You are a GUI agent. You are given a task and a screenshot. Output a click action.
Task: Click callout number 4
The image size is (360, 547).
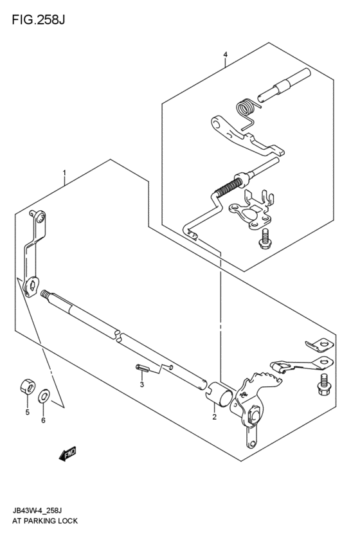coord(225,55)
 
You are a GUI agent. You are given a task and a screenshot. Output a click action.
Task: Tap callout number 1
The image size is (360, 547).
coord(64,173)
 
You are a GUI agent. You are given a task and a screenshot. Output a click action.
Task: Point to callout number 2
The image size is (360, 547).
coord(214,417)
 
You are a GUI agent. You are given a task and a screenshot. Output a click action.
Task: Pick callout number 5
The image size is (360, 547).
coord(27,412)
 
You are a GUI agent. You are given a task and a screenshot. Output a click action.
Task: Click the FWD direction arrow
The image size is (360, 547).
coord(67,454)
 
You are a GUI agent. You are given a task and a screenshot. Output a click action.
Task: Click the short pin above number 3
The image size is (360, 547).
coord(142,369)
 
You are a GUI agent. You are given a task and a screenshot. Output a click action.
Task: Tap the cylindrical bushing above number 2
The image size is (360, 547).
coord(219,391)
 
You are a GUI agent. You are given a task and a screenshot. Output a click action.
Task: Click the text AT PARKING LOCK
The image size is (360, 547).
coord(44,521)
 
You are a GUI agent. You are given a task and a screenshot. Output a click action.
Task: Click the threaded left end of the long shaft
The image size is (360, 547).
coord(47,296)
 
